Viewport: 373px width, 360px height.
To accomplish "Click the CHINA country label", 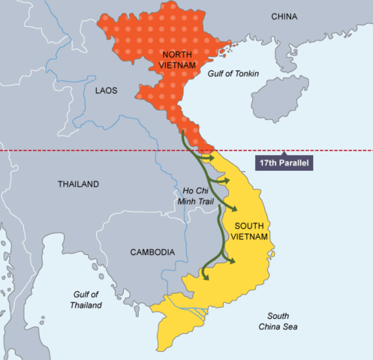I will [x=284, y=16].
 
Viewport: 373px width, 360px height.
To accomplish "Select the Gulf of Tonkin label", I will [x=232, y=68].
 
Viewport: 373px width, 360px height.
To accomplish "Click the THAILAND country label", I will [x=78, y=184].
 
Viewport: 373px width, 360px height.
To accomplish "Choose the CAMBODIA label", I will [x=152, y=252].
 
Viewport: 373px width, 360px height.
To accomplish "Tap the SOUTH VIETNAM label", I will [x=251, y=230].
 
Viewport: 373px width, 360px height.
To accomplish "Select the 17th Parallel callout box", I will [x=284, y=162].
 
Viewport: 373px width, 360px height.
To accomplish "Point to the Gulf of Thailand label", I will [x=87, y=300].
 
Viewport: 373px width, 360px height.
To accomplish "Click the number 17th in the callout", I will [x=267, y=162].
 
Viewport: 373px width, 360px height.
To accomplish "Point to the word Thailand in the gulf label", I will [x=87, y=305].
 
